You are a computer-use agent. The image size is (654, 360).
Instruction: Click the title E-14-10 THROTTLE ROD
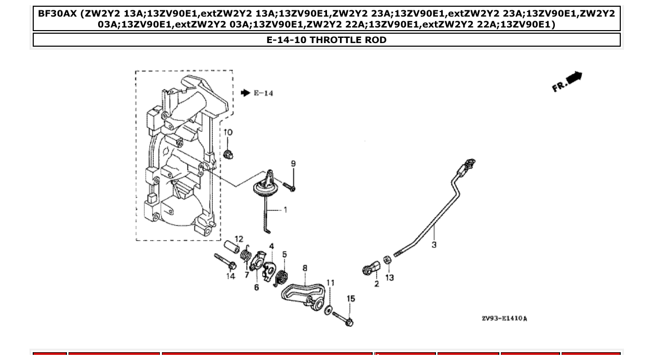326,40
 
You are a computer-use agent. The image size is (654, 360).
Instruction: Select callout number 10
228,133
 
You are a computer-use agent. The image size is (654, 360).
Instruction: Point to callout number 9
293,164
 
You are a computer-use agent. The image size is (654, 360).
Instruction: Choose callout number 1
285,210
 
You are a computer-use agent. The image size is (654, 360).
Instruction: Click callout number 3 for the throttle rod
434,244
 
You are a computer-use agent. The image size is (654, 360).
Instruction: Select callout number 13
389,278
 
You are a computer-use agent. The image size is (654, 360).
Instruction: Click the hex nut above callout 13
387,259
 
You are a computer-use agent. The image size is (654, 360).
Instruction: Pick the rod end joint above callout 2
372,268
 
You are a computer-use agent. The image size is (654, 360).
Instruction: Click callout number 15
351,299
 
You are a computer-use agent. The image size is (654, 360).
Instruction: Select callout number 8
305,268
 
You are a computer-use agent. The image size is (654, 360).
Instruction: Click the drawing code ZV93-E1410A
504,318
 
